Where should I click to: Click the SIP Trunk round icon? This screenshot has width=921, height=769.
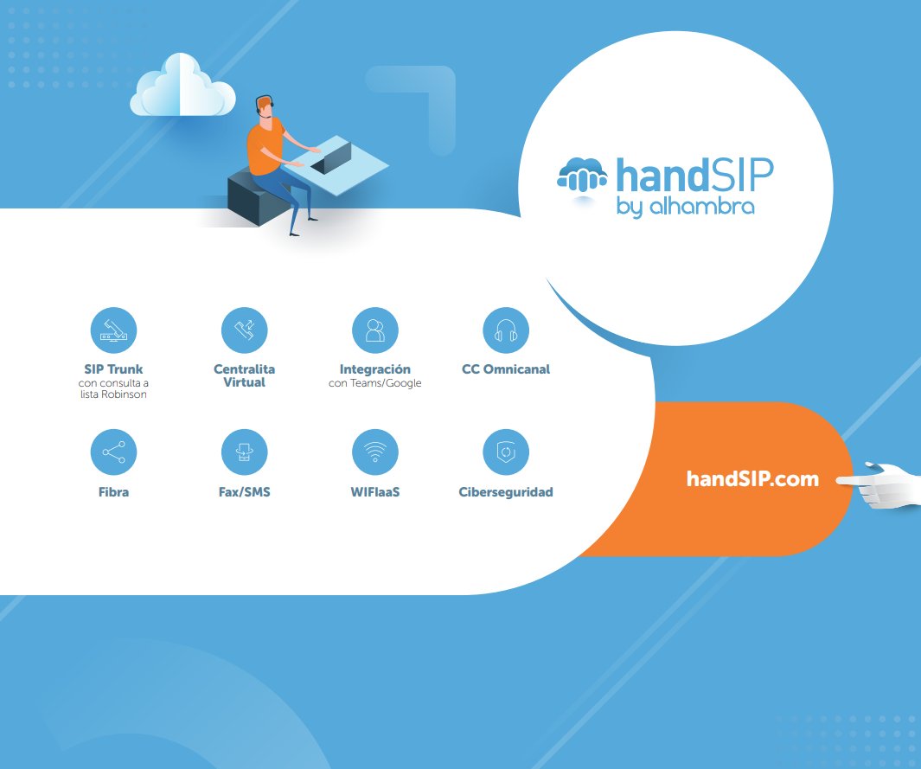tap(113, 330)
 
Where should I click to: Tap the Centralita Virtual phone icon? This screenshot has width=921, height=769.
tap(245, 330)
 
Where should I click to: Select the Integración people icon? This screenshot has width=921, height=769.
tap(374, 330)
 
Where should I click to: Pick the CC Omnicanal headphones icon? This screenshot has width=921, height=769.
tap(505, 330)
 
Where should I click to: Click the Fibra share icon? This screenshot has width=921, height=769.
tap(113, 452)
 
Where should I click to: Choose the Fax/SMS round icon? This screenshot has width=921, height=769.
tap(245, 452)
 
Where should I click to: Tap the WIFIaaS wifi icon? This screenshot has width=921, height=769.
tap(374, 452)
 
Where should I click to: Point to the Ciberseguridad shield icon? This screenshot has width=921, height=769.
tap(505, 452)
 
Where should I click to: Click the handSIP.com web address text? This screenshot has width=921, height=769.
tap(752, 479)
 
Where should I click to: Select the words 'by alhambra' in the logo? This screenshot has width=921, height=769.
tap(685, 207)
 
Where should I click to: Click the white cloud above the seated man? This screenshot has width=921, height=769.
tap(182, 87)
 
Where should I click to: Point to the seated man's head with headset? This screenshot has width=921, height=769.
tap(265, 106)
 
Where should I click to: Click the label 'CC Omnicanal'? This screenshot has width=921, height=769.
tap(506, 369)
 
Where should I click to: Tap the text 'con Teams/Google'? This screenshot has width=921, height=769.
tap(375, 382)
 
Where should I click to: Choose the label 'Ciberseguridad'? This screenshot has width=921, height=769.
tap(506, 492)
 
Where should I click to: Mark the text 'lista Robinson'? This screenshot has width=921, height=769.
tap(113, 394)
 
